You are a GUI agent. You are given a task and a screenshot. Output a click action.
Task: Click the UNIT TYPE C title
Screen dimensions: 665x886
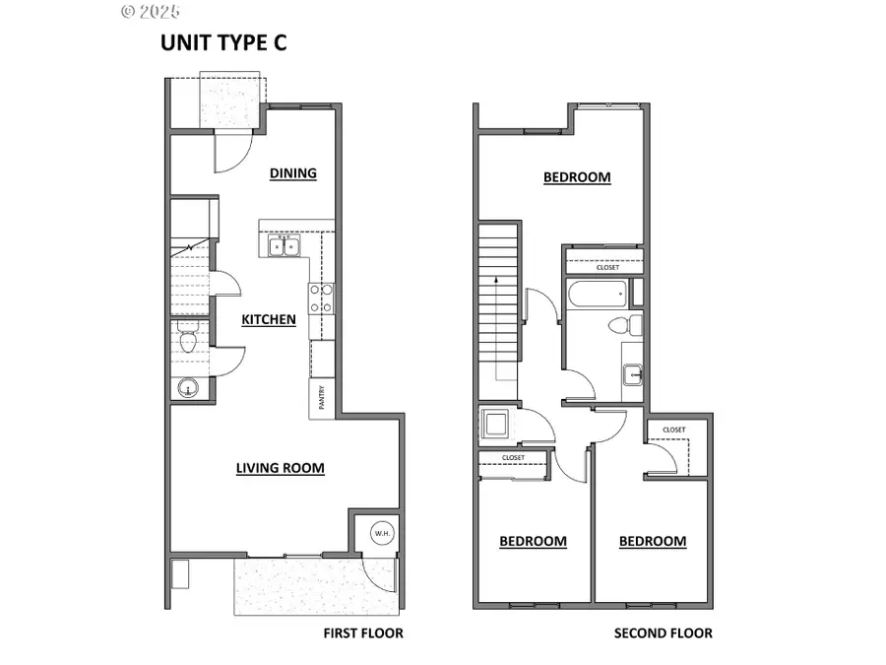pyautogui.click(x=223, y=42)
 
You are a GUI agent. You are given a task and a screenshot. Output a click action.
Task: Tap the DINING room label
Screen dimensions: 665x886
pyautogui.click(x=293, y=173)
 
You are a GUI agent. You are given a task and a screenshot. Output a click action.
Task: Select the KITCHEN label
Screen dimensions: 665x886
pyautogui.click(x=269, y=319)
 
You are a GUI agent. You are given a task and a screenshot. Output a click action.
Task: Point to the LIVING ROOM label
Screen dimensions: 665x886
pyautogui.click(x=281, y=468)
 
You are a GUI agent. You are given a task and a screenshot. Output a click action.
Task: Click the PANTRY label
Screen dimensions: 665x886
pyautogui.click(x=322, y=398)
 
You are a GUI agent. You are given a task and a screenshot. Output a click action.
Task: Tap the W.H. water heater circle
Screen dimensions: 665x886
pyautogui.click(x=381, y=533)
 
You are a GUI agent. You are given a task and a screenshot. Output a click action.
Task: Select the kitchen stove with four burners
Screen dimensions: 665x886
pyautogui.click(x=322, y=298)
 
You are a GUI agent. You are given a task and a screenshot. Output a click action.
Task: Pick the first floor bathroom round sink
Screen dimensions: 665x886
pyautogui.click(x=188, y=388)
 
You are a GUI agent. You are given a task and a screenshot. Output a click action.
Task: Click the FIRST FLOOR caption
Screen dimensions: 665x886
pyautogui.click(x=363, y=632)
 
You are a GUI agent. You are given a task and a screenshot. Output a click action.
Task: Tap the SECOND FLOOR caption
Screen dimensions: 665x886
pyautogui.click(x=663, y=632)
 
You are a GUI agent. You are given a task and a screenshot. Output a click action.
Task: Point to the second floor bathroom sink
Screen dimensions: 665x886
pyautogui.click(x=632, y=374)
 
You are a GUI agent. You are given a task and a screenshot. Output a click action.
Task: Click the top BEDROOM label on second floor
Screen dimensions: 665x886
pyautogui.click(x=577, y=177)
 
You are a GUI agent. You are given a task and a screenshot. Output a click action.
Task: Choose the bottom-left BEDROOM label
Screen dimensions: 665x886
pyautogui.click(x=533, y=541)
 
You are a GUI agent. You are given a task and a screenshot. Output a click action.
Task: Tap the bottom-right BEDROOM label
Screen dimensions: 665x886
pyautogui.click(x=653, y=541)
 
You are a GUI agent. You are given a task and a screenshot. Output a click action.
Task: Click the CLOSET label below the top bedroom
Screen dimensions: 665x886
pyautogui.click(x=608, y=267)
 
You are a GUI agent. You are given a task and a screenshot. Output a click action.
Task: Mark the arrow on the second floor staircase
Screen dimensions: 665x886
pyautogui.click(x=496, y=281)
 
